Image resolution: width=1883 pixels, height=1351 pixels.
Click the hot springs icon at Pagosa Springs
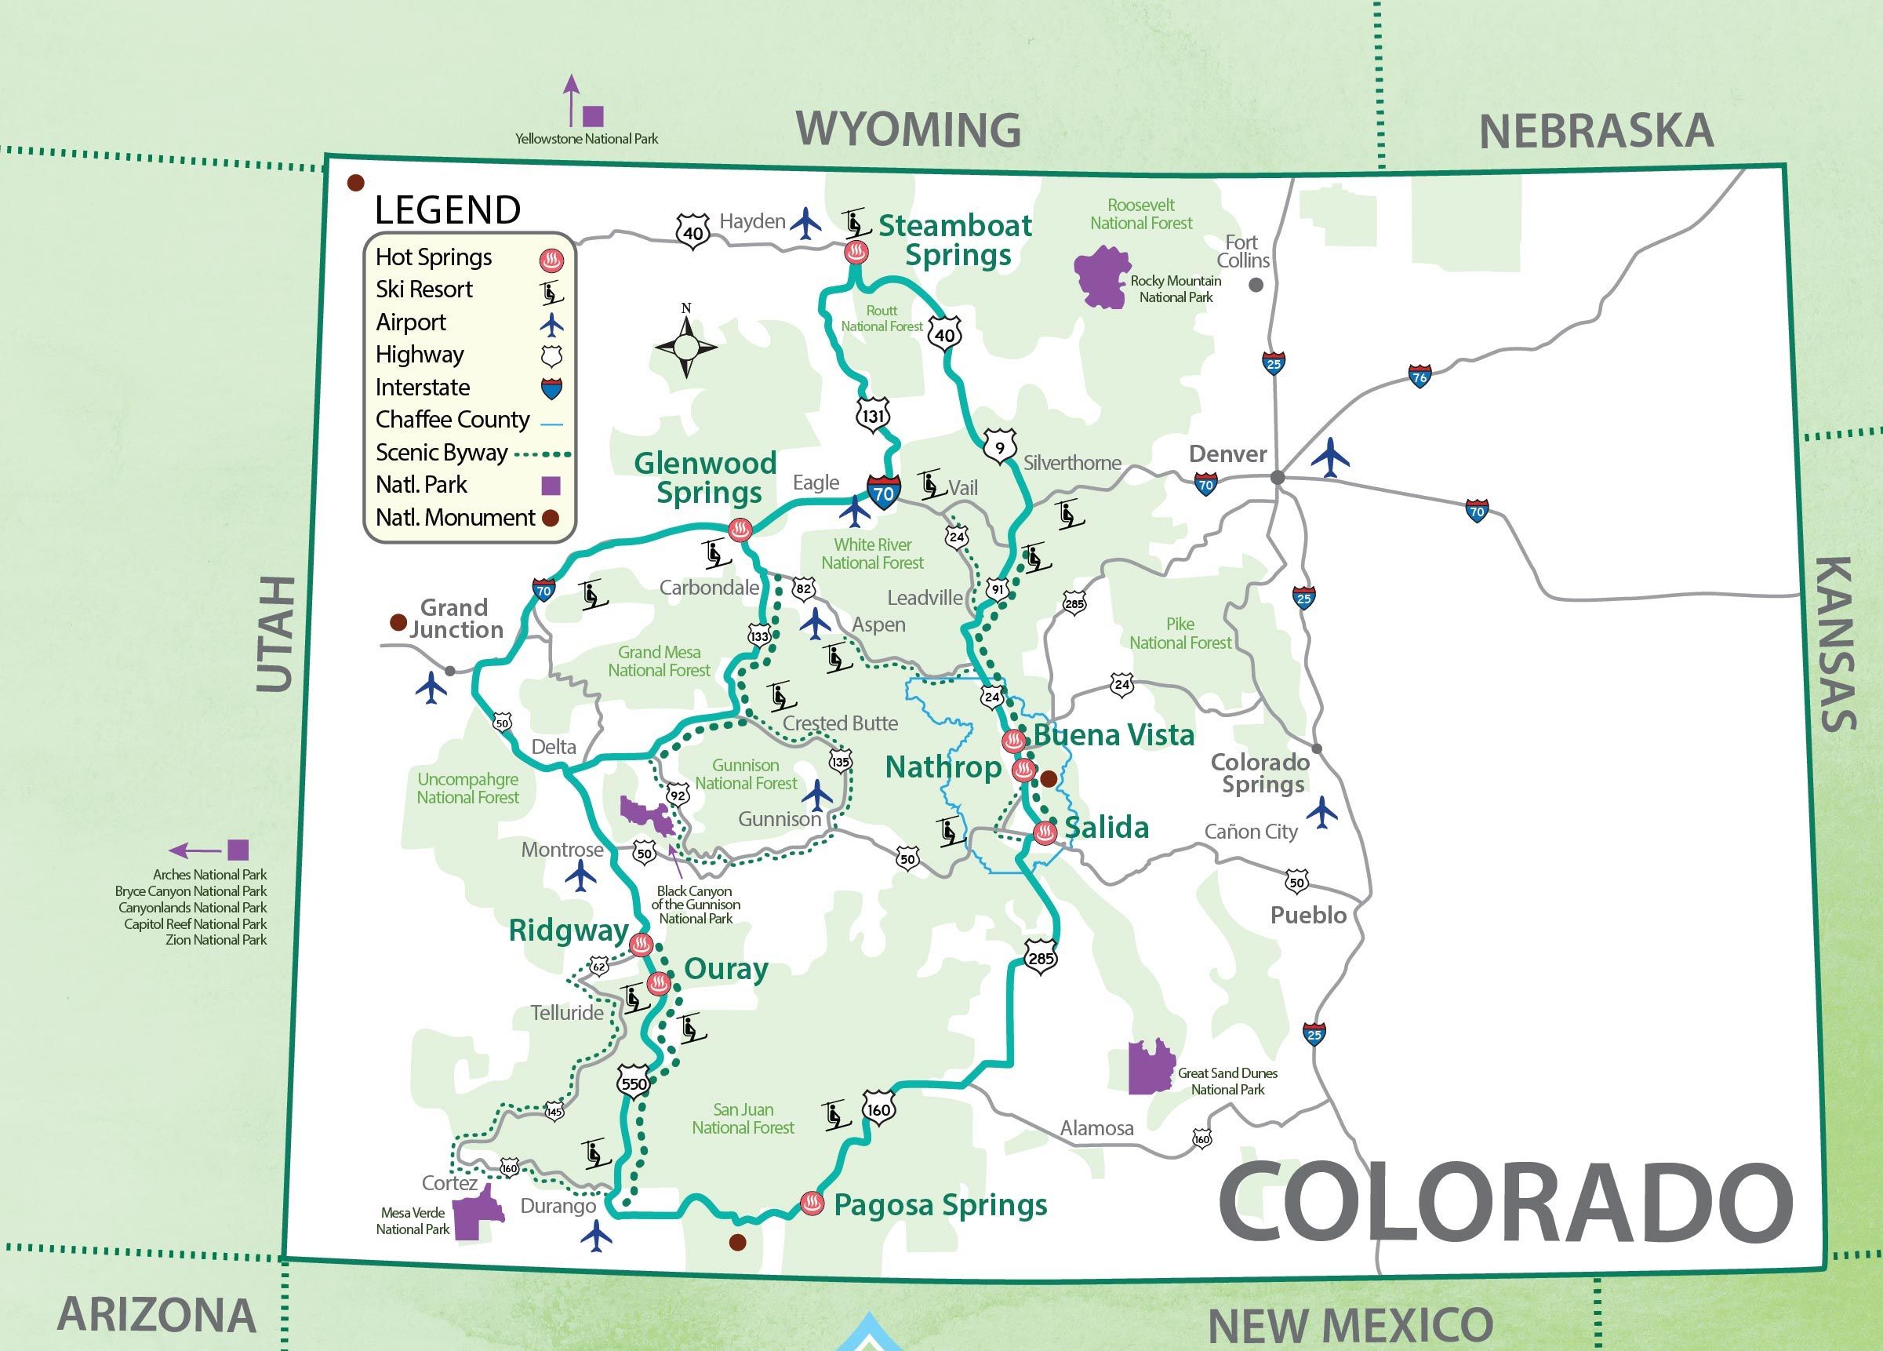(x=811, y=1203)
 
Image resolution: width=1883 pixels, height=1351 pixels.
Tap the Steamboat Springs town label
(x=955, y=240)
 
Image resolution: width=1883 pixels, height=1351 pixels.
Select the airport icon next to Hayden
(x=805, y=223)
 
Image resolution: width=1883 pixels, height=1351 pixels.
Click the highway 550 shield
(x=634, y=1083)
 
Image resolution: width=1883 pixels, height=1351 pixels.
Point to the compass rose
(x=685, y=345)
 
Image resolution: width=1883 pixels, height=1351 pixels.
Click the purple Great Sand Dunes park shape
(x=1150, y=1067)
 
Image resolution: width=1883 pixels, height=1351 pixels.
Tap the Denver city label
(x=1227, y=454)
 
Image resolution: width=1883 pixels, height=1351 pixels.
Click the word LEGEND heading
(x=448, y=210)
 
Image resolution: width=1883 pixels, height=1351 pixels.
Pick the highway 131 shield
(x=873, y=415)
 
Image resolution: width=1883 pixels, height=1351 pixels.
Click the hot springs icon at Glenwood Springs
(x=740, y=529)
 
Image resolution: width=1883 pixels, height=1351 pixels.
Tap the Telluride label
(x=567, y=1013)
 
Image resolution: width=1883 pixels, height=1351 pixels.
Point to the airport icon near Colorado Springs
(x=1321, y=812)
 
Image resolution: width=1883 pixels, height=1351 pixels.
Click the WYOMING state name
(x=908, y=129)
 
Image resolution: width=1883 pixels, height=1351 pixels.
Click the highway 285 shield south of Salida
(x=1039, y=957)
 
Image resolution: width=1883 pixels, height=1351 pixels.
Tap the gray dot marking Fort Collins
(x=1256, y=285)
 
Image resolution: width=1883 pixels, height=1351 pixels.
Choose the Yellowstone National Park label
(x=586, y=139)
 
